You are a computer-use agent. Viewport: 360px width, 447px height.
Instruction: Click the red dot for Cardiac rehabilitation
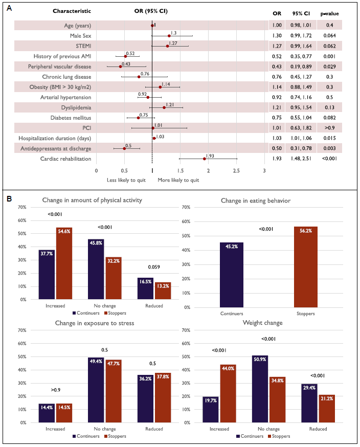point(205,159)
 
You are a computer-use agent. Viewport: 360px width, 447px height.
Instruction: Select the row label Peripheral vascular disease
point(62,66)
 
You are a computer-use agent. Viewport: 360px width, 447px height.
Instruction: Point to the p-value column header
point(329,13)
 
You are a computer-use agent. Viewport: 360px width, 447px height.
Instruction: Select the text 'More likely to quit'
point(178,180)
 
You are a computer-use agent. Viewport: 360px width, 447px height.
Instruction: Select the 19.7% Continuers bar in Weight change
point(211,409)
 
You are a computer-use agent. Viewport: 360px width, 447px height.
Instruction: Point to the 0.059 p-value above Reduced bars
point(154,267)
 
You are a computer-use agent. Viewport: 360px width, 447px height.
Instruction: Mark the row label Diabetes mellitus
point(70,117)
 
